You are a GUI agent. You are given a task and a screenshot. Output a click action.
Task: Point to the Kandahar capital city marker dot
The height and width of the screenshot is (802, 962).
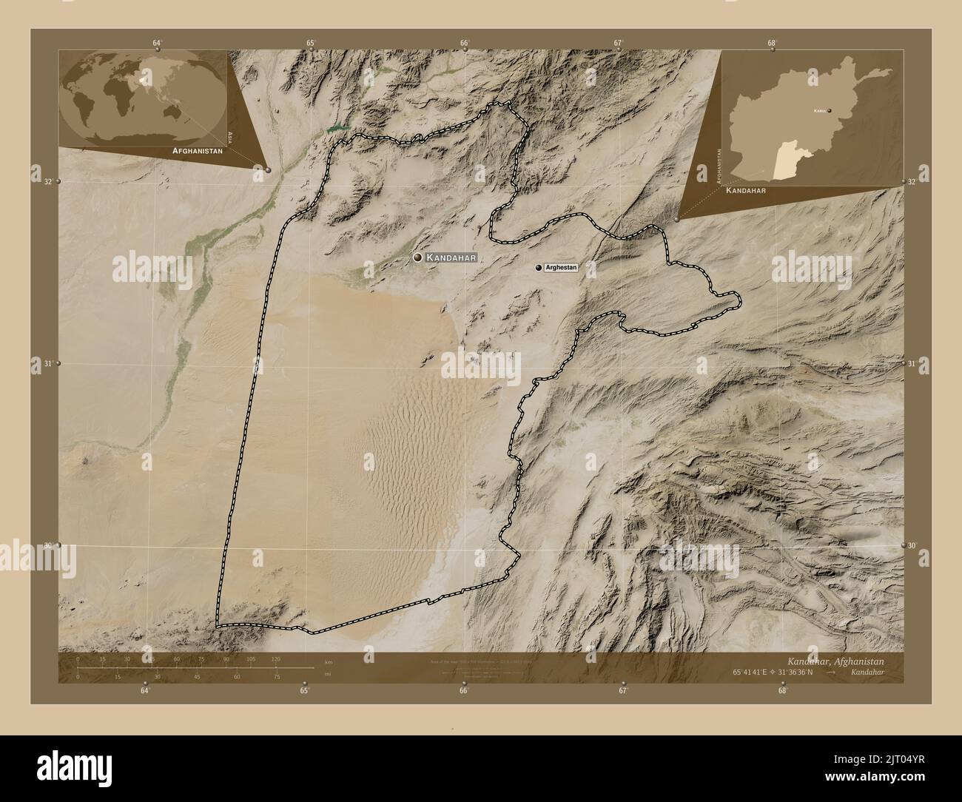[418, 257]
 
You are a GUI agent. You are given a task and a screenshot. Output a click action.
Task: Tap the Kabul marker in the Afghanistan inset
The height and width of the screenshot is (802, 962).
[830, 111]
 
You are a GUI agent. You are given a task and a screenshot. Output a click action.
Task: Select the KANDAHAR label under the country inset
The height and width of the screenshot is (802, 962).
[745, 190]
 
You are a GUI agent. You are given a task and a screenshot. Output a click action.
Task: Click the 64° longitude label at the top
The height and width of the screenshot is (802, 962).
[157, 44]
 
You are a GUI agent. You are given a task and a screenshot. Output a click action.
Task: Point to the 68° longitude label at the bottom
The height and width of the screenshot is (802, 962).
[782, 690]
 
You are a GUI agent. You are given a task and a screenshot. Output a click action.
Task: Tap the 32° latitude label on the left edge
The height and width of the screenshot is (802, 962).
[48, 181]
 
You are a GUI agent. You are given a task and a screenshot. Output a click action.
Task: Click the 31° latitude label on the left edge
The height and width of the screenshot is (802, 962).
[48, 363]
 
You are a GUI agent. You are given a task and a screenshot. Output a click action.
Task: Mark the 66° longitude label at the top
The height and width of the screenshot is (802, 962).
[464, 44]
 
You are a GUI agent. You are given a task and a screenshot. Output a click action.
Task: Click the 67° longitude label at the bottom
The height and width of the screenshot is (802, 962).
[623, 690]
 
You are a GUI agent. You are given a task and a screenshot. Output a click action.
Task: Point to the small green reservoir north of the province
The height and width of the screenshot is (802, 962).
[338, 128]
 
